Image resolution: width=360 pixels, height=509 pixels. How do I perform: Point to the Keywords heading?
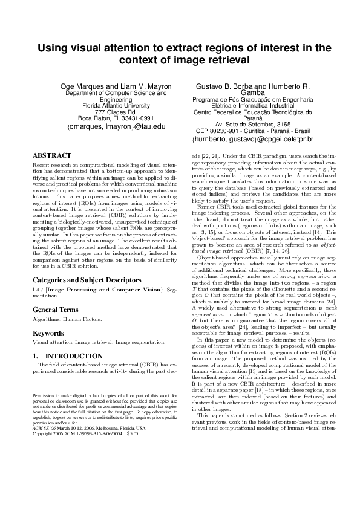(49, 333)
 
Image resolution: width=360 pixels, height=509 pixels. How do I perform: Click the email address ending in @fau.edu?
(116, 127)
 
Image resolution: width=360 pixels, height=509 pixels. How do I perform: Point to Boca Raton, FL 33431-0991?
(116, 119)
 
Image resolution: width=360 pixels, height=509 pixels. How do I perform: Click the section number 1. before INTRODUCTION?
(36, 356)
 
